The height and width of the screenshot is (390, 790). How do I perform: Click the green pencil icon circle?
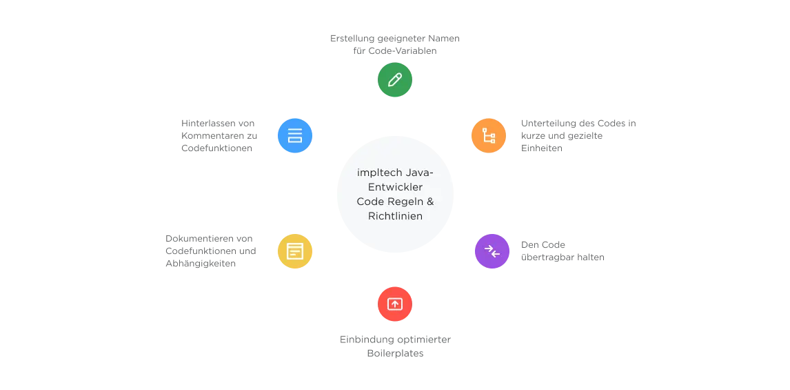(395, 79)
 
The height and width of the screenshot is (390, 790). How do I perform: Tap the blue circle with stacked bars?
(295, 136)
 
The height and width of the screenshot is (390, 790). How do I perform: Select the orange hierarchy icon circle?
(489, 136)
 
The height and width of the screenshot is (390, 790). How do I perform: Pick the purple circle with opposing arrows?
(492, 251)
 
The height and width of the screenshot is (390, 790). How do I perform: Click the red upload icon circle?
(395, 304)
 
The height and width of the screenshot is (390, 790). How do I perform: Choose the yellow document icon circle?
(295, 251)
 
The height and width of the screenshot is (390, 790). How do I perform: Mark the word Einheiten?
(542, 148)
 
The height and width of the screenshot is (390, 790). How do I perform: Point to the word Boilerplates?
(395, 353)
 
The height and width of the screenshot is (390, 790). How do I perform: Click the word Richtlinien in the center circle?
(395, 216)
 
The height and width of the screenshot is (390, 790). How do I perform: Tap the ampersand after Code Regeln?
(429, 202)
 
